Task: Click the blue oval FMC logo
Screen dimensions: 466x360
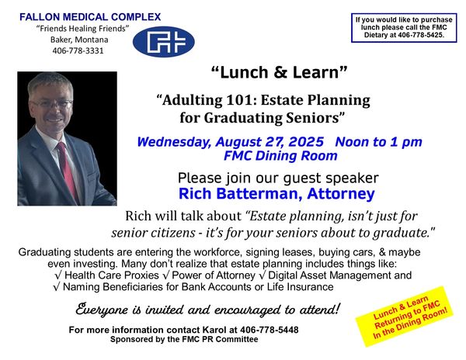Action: pos(163,42)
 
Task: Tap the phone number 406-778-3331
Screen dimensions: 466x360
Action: pos(78,50)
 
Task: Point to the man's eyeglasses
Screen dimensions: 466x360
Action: pos(53,104)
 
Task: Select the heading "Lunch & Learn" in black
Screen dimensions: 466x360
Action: pos(279,72)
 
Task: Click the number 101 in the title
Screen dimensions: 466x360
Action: pos(239,100)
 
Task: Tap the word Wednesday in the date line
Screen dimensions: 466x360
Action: pos(175,142)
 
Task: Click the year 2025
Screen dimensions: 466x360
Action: pos(305,141)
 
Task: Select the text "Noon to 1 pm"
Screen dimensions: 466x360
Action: pos(379,141)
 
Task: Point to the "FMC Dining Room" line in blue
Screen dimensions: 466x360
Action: pos(280,155)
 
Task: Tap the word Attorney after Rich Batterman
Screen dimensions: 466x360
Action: pos(341,194)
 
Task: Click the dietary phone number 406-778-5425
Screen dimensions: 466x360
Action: pos(421,35)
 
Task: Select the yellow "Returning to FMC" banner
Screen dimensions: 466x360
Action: pos(405,317)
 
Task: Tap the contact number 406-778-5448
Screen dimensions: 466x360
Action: pos(270,330)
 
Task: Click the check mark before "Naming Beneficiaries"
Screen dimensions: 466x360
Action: pos(57,287)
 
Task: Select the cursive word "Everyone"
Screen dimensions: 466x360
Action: pos(102,310)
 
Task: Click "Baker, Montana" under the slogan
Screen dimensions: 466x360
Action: pos(79,40)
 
